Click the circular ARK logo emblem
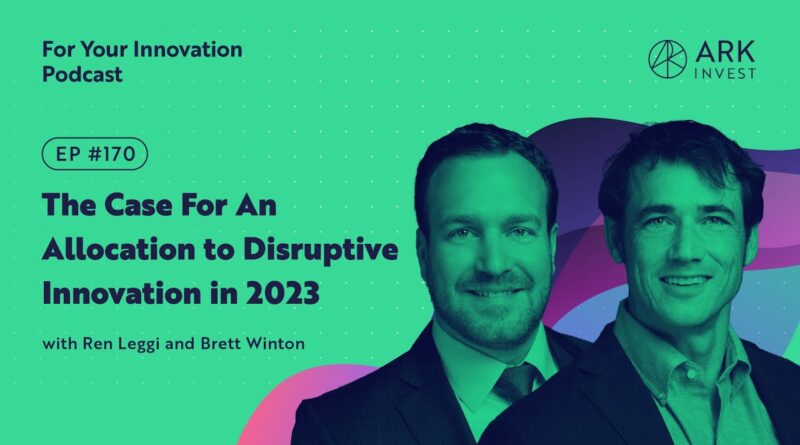[x=667, y=59]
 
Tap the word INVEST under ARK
[x=725, y=73]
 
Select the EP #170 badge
[x=95, y=154]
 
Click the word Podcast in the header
[x=82, y=75]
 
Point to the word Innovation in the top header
[x=188, y=50]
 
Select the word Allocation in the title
[x=118, y=250]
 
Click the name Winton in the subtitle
[x=276, y=343]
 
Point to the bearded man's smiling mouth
[x=491, y=290]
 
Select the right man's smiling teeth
[x=685, y=281]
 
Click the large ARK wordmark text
[x=725, y=52]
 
